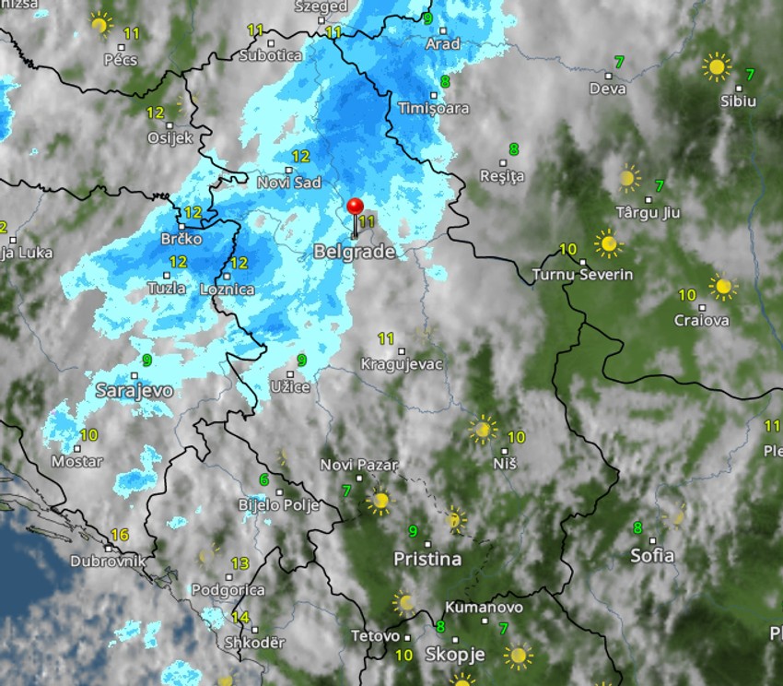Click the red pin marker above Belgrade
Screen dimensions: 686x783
click(x=355, y=207)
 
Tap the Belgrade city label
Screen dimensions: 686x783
click(x=355, y=251)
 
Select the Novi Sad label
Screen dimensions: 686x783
click(x=289, y=183)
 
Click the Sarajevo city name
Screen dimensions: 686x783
click(x=134, y=391)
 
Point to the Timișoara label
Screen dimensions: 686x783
click(x=433, y=108)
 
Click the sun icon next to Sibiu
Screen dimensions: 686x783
click(x=716, y=66)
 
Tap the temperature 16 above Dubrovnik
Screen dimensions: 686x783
click(x=119, y=535)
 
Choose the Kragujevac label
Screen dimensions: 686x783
click(x=402, y=364)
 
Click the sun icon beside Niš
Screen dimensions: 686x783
click(x=482, y=429)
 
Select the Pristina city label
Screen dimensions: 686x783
click(x=427, y=559)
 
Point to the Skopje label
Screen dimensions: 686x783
click(x=454, y=654)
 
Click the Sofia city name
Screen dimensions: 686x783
click(x=652, y=555)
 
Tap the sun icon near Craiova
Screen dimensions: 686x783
click(x=723, y=287)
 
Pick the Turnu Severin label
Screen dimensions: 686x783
click(x=583, y=275)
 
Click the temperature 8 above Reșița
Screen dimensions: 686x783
click(x=513, y=148)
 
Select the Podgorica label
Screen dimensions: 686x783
click(x=228, y=590)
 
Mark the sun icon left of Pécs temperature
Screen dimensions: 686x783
click(x=100, y=23)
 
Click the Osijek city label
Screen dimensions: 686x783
click(x=170, y=138)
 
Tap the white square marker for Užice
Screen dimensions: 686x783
click(x=289, y=373)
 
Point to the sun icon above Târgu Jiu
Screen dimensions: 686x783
click(x=628, y=177)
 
